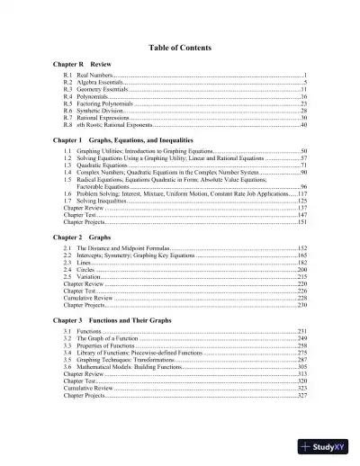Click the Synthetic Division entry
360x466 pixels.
click(100, 111)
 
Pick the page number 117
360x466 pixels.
click(302, 193)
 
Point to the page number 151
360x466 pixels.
click(302, 221)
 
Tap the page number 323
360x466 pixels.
click(302, 389)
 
